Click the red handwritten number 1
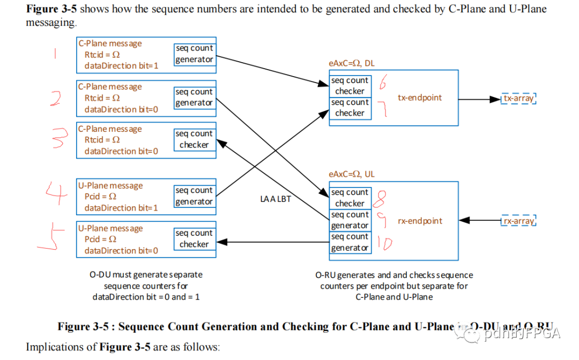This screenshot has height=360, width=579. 55,55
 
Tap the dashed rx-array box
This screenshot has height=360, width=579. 518,221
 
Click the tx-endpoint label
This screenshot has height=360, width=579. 420,97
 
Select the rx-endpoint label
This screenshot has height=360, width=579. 420,221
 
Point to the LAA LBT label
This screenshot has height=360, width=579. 275,199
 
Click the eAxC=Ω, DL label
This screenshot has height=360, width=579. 352,63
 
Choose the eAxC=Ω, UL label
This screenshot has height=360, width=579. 352,174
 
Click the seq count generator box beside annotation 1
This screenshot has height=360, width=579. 194,54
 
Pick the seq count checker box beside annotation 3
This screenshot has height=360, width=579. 194,139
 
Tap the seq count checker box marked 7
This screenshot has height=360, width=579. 350,108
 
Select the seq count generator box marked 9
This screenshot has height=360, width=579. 350,220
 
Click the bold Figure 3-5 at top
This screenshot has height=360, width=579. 53,9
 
